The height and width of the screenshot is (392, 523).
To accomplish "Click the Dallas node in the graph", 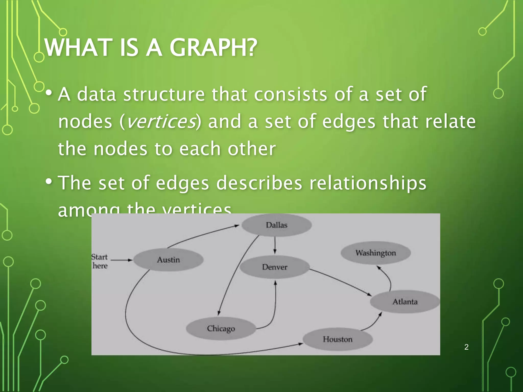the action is pos(277,225).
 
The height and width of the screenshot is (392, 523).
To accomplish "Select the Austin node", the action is pos(168,260).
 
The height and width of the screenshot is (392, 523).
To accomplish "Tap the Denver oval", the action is pos(275,267).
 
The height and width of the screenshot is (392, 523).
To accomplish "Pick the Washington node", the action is pos(376,253).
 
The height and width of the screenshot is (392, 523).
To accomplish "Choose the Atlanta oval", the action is pos(405,302).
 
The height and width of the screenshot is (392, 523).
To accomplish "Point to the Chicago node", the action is pos(221,328).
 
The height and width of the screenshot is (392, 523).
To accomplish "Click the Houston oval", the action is pos(337,339).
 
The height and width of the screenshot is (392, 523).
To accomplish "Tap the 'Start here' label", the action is pos(100,261).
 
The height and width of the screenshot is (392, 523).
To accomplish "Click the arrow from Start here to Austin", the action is pos(122,260).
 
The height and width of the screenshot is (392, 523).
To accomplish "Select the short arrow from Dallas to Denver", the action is pos(275,245).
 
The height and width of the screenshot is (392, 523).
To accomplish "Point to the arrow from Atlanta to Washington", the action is pos(387,278).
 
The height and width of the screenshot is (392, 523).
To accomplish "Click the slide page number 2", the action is pos(466,347).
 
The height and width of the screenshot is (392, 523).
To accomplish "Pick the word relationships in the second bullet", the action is pos(368,183).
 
